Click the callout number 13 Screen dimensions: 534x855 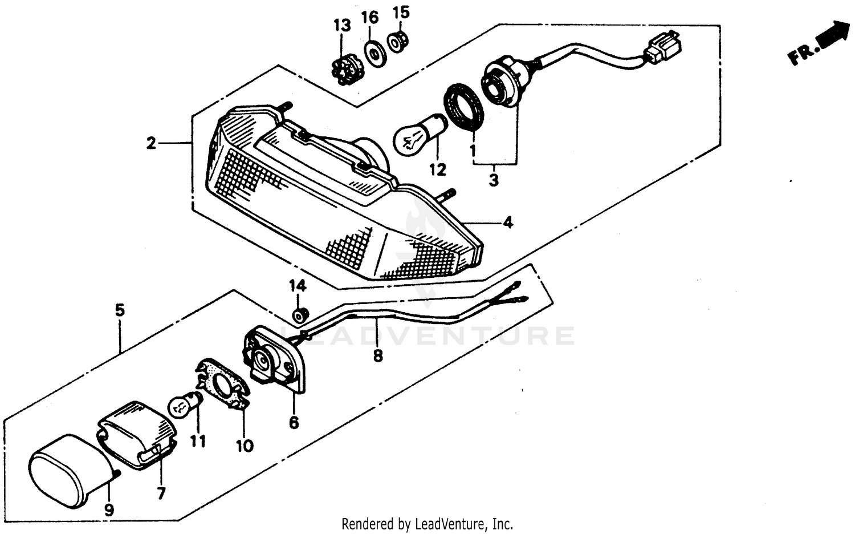(x=342, y=25)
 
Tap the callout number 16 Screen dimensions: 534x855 (x=370, y=18)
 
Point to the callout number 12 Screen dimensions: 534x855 (x=438, y=169)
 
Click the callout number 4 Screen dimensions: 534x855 (x=507, y=222)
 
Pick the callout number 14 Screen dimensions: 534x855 (x=297, y=285)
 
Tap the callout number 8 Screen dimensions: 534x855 (x=377, y=355)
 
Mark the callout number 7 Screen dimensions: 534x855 (x=161, y=493)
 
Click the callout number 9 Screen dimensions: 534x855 (x=108, y=509)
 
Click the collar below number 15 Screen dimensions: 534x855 (x=396, y=42)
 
